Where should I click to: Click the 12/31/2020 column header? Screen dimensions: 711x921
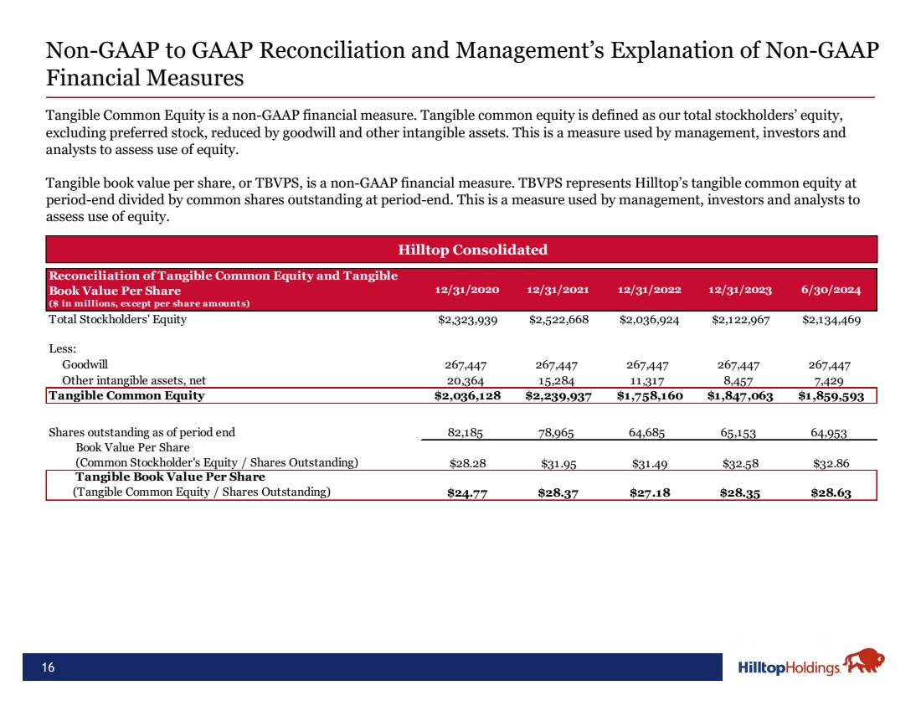[x=467, y=290]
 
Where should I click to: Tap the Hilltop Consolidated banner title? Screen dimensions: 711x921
[x=460, y=250]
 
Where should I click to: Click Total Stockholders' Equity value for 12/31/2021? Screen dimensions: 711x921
[x=558, y=319]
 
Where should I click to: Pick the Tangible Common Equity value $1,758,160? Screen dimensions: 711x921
[x=649, y=395]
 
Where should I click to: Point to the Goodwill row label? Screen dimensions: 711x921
[x=85, y=365]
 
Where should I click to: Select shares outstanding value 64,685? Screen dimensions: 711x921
[x=649, y=433]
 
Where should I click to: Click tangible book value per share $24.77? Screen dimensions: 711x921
[x=467, y=492]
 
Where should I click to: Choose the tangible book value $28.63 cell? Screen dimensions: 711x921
[x=831, y=492]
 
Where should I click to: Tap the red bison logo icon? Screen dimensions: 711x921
[x=863, y=662]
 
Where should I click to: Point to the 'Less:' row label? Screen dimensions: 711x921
[x=63, y=349]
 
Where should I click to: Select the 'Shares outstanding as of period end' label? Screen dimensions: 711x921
[x=142, y=433]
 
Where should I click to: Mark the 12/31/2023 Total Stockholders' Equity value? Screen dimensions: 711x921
[x=740, y=319]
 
